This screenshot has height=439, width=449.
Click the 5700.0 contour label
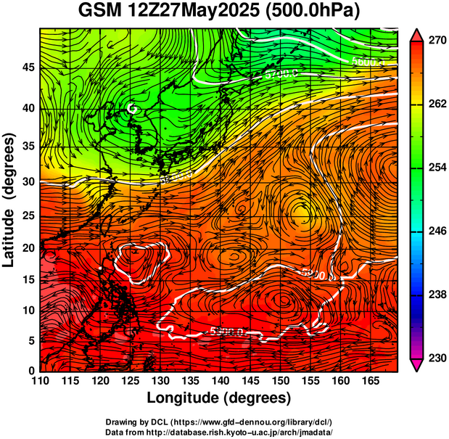pos(280,74)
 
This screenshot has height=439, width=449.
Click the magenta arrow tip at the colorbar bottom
pos(417,366)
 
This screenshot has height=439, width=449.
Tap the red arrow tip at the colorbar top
pos(417,34)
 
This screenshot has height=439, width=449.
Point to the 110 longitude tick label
pos(40,381)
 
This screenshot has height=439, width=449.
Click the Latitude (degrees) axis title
pos(10,200)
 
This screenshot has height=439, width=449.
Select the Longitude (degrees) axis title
pos(219,398)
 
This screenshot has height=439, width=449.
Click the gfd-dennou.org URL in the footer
pos(253,422)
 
